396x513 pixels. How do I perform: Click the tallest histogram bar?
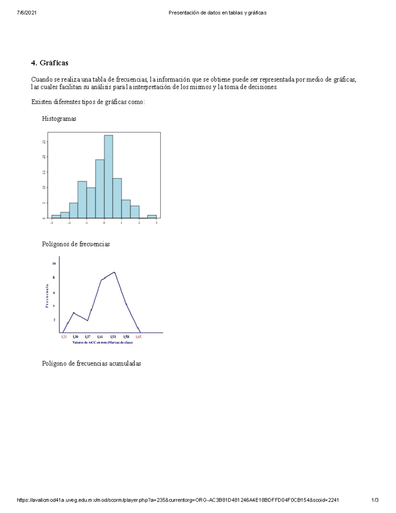point(109,177)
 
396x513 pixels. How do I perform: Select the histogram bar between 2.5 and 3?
point(152,216)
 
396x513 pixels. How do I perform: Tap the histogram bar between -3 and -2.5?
point(56,216)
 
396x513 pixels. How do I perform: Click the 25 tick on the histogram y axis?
point(44,142)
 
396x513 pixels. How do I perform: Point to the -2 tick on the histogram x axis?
point(69,223)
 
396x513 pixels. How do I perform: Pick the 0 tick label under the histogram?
point(104,223)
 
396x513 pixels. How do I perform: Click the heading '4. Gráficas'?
point(49,63)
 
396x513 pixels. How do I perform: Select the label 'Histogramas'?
point(59,119)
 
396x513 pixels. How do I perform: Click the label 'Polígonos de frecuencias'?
point(76,244)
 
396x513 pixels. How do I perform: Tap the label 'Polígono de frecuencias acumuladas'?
point(91,363)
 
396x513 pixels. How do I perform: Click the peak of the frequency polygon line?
point(114,272)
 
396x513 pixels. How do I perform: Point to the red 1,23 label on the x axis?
point(64,337)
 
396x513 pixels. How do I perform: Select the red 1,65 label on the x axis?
point(139,337)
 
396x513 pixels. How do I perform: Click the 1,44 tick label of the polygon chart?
point(100,337)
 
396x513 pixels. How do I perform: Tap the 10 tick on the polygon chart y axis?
point(54,264)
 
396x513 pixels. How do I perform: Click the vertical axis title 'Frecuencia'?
point(47,296)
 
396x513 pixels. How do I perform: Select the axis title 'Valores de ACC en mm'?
point(102,343)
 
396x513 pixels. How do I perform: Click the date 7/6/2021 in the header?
point(27,13)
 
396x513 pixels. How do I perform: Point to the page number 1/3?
point(375,500)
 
